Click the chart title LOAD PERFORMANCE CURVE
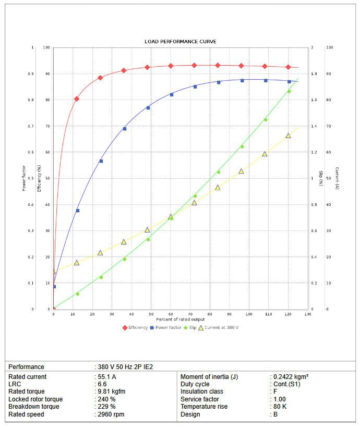tap(180, 41)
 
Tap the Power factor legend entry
tap(167, 327)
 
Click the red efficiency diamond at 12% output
tap(77, 99)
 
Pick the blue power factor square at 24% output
tap(101, 161)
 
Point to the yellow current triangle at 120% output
tap(288, 136)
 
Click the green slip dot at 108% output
tap(266, 120)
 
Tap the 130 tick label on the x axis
tap(307, 314)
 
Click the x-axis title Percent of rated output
tap(180, 319)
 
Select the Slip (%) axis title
tap(320, 178)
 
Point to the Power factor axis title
tap(23, 178)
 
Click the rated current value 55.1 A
tap(106, 376)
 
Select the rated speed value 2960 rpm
tap(111, 414)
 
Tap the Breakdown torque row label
tap(34, 407)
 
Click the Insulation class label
tap(202, 392)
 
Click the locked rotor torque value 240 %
tap(106, 399)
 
